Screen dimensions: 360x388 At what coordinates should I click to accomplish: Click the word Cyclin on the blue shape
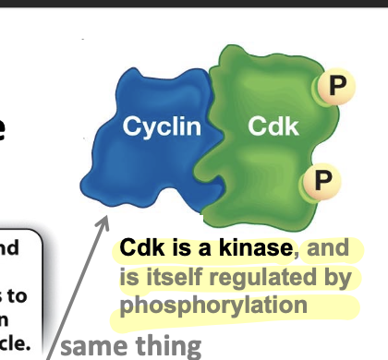coord(163,127)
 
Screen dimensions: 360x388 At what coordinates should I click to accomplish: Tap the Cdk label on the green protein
coord(273,127)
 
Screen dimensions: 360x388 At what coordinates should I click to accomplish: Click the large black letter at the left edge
coord(5,129)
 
